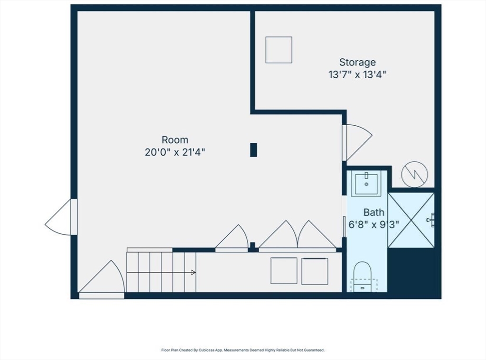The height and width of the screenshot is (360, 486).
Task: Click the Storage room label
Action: pyautogui.click(x=357, y=62)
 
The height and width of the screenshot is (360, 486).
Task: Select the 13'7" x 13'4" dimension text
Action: pyautogui.click(x=357, y=74)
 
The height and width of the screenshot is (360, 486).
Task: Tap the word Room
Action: pyautogui.click(x=175, y=140)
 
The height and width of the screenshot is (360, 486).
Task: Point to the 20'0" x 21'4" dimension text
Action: pyautogui.click(x=175, y=152)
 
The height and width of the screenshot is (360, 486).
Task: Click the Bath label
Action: pyautogui.click(x=374, y=212)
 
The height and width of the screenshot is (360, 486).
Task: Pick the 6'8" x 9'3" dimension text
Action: pyautogui.click(x=374, y=224)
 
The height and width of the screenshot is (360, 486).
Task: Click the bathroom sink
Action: pyautogui.click(x=366, y=184)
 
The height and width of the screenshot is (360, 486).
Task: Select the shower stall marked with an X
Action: pyautogui.click(x=411, y=220)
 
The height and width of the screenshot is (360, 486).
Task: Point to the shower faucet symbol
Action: pyautogui.click(x=431, y=220)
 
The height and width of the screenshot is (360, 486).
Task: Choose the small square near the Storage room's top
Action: pyautogui.click(x=279, y=50)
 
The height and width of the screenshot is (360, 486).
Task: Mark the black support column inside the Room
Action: pyautogui.click(x=253, y=150)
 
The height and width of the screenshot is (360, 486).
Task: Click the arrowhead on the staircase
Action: pyautogui.click(x=193, y=272)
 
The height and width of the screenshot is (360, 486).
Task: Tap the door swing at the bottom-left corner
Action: pyautogui.click(x=103, y=280)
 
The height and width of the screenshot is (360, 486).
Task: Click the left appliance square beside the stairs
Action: pyautogui.click(x=284, y=271)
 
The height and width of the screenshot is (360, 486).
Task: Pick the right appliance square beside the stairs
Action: pyautogui.click(x=315, y=271)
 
